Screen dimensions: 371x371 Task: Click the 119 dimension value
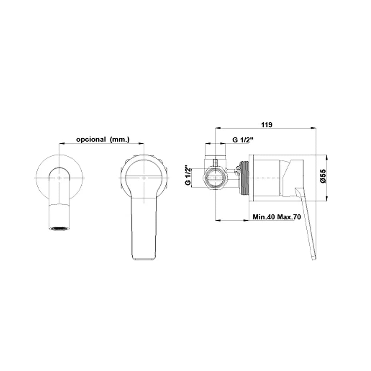(266, 125)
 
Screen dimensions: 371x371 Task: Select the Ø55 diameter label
(323, 176)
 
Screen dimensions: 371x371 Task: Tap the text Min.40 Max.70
(277, 217)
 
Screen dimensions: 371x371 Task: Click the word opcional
(91, 139)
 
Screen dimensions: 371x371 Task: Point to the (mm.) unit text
(120, 139)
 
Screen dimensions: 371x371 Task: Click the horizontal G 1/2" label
(243, 140)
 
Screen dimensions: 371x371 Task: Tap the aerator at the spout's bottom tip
(59, 229)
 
